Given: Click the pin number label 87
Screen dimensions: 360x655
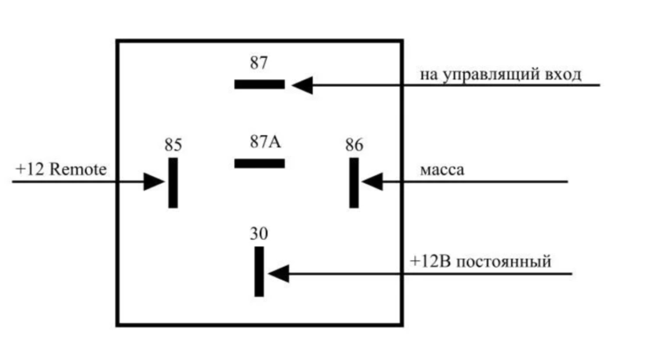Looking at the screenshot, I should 259,63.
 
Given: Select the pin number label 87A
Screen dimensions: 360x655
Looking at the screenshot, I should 264,141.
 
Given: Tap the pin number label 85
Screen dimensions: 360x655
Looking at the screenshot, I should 173,145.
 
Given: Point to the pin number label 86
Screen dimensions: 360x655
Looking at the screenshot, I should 354,145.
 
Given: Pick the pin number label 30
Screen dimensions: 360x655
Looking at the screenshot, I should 259,232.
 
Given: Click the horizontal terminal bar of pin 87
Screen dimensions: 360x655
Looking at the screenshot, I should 260,83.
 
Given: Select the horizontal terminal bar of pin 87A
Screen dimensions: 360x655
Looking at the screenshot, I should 260,163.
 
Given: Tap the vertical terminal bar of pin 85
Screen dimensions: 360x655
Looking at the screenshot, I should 173,182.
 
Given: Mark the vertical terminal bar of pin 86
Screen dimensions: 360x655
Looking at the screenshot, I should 354,182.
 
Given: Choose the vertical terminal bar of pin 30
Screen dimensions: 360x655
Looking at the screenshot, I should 259,271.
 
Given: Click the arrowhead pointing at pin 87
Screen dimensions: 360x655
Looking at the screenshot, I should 302,84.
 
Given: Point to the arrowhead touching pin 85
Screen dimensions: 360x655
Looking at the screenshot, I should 155,181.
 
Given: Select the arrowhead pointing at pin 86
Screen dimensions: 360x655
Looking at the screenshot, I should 371,182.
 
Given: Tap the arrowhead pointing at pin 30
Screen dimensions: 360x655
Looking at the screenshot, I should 278,272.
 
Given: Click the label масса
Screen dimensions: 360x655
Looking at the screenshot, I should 441,171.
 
